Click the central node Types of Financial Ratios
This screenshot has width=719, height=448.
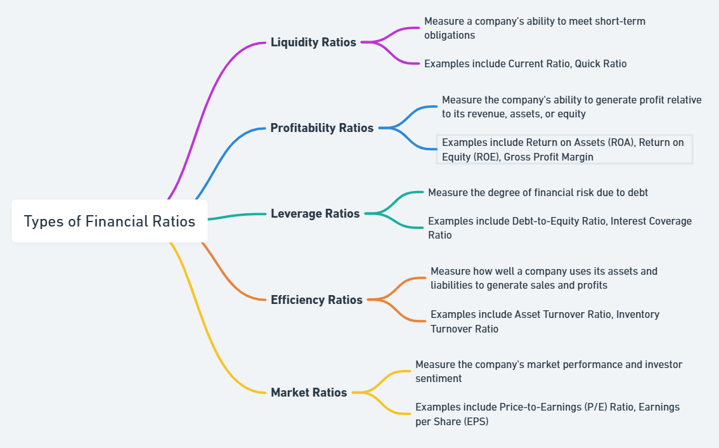(110, 221)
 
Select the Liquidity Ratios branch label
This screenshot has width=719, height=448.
(313, 43)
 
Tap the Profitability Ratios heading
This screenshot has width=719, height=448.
(322, 128)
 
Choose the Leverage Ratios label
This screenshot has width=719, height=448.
(315, 213)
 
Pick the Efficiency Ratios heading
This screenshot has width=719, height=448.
(316, 300)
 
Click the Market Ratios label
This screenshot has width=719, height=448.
(309, 392)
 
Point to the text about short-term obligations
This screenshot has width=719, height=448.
(534, 28)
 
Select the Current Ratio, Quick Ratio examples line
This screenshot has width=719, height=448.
(526, 64)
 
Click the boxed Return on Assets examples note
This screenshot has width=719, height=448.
(564, 150)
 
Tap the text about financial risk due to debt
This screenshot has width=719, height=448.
(538, 193)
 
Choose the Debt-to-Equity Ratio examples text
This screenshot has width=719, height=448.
(560, 228)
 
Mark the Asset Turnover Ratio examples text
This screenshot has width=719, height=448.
(545, 321)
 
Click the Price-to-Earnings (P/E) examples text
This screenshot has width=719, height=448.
(548, 414)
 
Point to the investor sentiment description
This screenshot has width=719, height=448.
(549, 371)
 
